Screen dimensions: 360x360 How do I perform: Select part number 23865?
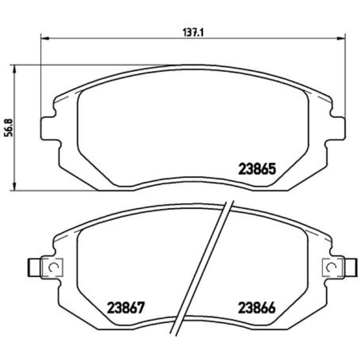[257, 168]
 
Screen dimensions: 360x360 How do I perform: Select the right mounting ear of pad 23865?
[337, 127]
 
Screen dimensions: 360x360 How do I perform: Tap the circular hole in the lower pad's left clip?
[54, 268]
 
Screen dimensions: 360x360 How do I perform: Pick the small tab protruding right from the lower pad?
[352, 268]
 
